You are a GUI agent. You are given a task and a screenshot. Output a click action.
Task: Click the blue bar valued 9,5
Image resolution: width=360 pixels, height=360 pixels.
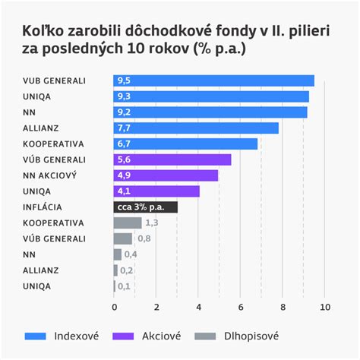point(213,81)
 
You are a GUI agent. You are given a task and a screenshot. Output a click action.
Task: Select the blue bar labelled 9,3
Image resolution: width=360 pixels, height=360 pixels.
point(211,96)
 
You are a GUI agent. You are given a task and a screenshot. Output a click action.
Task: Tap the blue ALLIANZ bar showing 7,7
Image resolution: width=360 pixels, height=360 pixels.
point(196,128)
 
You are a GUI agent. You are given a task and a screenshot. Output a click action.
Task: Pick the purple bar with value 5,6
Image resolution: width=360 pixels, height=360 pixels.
point(172,159)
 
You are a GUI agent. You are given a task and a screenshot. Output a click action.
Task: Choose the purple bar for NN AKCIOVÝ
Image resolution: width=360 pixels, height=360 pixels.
point(166,175)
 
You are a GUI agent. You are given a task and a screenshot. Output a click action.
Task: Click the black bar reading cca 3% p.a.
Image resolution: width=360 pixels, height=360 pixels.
point(145,207)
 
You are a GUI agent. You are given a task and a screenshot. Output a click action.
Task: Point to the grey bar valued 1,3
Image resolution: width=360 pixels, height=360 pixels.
point(128,223)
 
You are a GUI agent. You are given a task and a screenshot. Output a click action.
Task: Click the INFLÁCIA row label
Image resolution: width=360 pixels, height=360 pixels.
point(43,207)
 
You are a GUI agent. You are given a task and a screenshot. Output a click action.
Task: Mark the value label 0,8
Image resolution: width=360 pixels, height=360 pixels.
point(144,238)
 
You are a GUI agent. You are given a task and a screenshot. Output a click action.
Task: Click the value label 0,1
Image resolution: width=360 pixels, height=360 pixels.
point(124,286)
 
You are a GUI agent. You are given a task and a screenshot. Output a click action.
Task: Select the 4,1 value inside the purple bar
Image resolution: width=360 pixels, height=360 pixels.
point(123,191)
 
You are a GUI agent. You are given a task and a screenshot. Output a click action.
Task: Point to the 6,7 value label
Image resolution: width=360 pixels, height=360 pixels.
point(123,144)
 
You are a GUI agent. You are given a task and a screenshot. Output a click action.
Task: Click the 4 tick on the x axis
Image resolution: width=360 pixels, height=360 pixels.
point(198,307)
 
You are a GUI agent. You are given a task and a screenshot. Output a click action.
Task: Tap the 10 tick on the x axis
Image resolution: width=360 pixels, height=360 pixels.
point(325,307)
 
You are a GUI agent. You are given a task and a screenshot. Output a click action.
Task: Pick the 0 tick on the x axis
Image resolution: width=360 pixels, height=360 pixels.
point(114,307)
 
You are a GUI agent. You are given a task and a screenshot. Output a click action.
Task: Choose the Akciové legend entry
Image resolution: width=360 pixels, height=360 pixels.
point(151,336)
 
